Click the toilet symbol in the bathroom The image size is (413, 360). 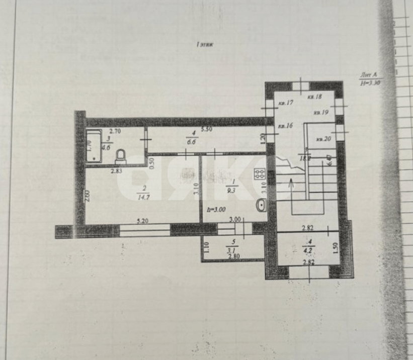pos(121,156)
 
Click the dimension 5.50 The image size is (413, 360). pos(205,130)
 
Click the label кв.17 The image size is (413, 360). pos(286,103)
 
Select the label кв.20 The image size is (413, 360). pos(323,139)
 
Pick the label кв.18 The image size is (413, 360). pos(314,96)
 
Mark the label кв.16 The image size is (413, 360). pos(286,126)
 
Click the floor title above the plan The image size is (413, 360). pos(205,44)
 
